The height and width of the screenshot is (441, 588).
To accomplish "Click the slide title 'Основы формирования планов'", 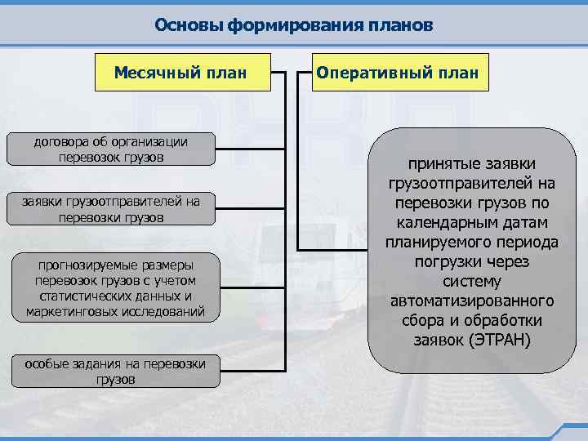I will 293,24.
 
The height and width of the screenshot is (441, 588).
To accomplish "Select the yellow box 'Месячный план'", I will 180,72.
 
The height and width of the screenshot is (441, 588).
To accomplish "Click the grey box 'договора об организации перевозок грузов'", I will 111,148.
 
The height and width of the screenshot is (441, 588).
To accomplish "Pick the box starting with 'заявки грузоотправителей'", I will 111,209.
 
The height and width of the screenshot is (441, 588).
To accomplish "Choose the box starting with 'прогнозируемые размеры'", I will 115,288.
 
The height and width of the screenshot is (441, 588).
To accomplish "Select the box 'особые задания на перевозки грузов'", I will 115,371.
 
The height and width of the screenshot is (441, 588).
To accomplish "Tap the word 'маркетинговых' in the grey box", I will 69,311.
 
